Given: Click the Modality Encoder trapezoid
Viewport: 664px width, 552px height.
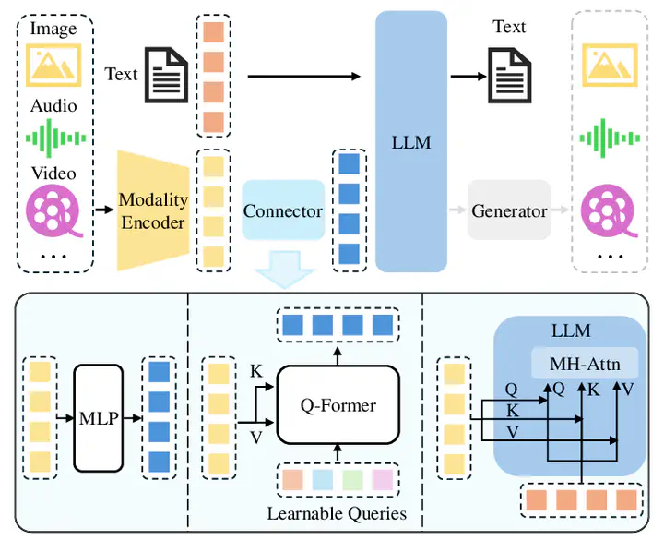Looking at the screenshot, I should (x=152, y=211).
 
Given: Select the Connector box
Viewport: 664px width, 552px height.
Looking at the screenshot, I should (x=283, y=211).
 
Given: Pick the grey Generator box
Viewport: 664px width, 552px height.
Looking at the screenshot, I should (x=509, y=211).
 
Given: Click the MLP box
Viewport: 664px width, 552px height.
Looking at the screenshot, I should (x=98, y=418).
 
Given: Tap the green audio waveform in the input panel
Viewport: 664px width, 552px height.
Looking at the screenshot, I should (x=53, y=139).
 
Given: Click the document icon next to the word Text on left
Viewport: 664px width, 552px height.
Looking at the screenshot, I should (x=170, y=74).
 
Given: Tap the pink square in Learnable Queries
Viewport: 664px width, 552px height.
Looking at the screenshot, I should (x=381, y=480).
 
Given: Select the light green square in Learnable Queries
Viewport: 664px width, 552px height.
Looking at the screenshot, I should (x=352, y=480).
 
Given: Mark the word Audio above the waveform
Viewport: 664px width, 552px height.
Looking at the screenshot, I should (x=53, y=105).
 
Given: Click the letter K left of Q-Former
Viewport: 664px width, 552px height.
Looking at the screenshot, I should (x=255, y=371).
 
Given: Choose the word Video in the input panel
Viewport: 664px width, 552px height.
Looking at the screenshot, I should (x=53, y=174).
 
